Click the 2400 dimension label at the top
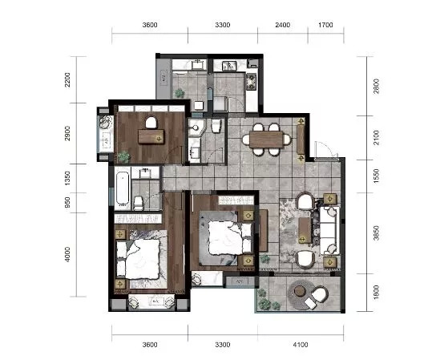point(283,25)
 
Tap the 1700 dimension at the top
point(325,25)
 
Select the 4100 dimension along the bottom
point(301,345)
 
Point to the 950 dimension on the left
point(67,203)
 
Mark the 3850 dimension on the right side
point(376,233)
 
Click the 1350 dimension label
point(67,178)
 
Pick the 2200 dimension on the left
point(67,80)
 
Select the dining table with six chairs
point(266,140)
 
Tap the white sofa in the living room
point(329,230)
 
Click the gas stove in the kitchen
point(251,82)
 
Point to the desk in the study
point(151,136)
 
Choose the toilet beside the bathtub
point(138,203)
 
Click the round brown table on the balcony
point(299,291)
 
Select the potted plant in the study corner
point(123,156)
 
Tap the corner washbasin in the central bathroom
point(196,127)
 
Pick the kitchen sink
point(229,66)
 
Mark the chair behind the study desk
point(151,123)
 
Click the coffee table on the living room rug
point(305,230)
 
